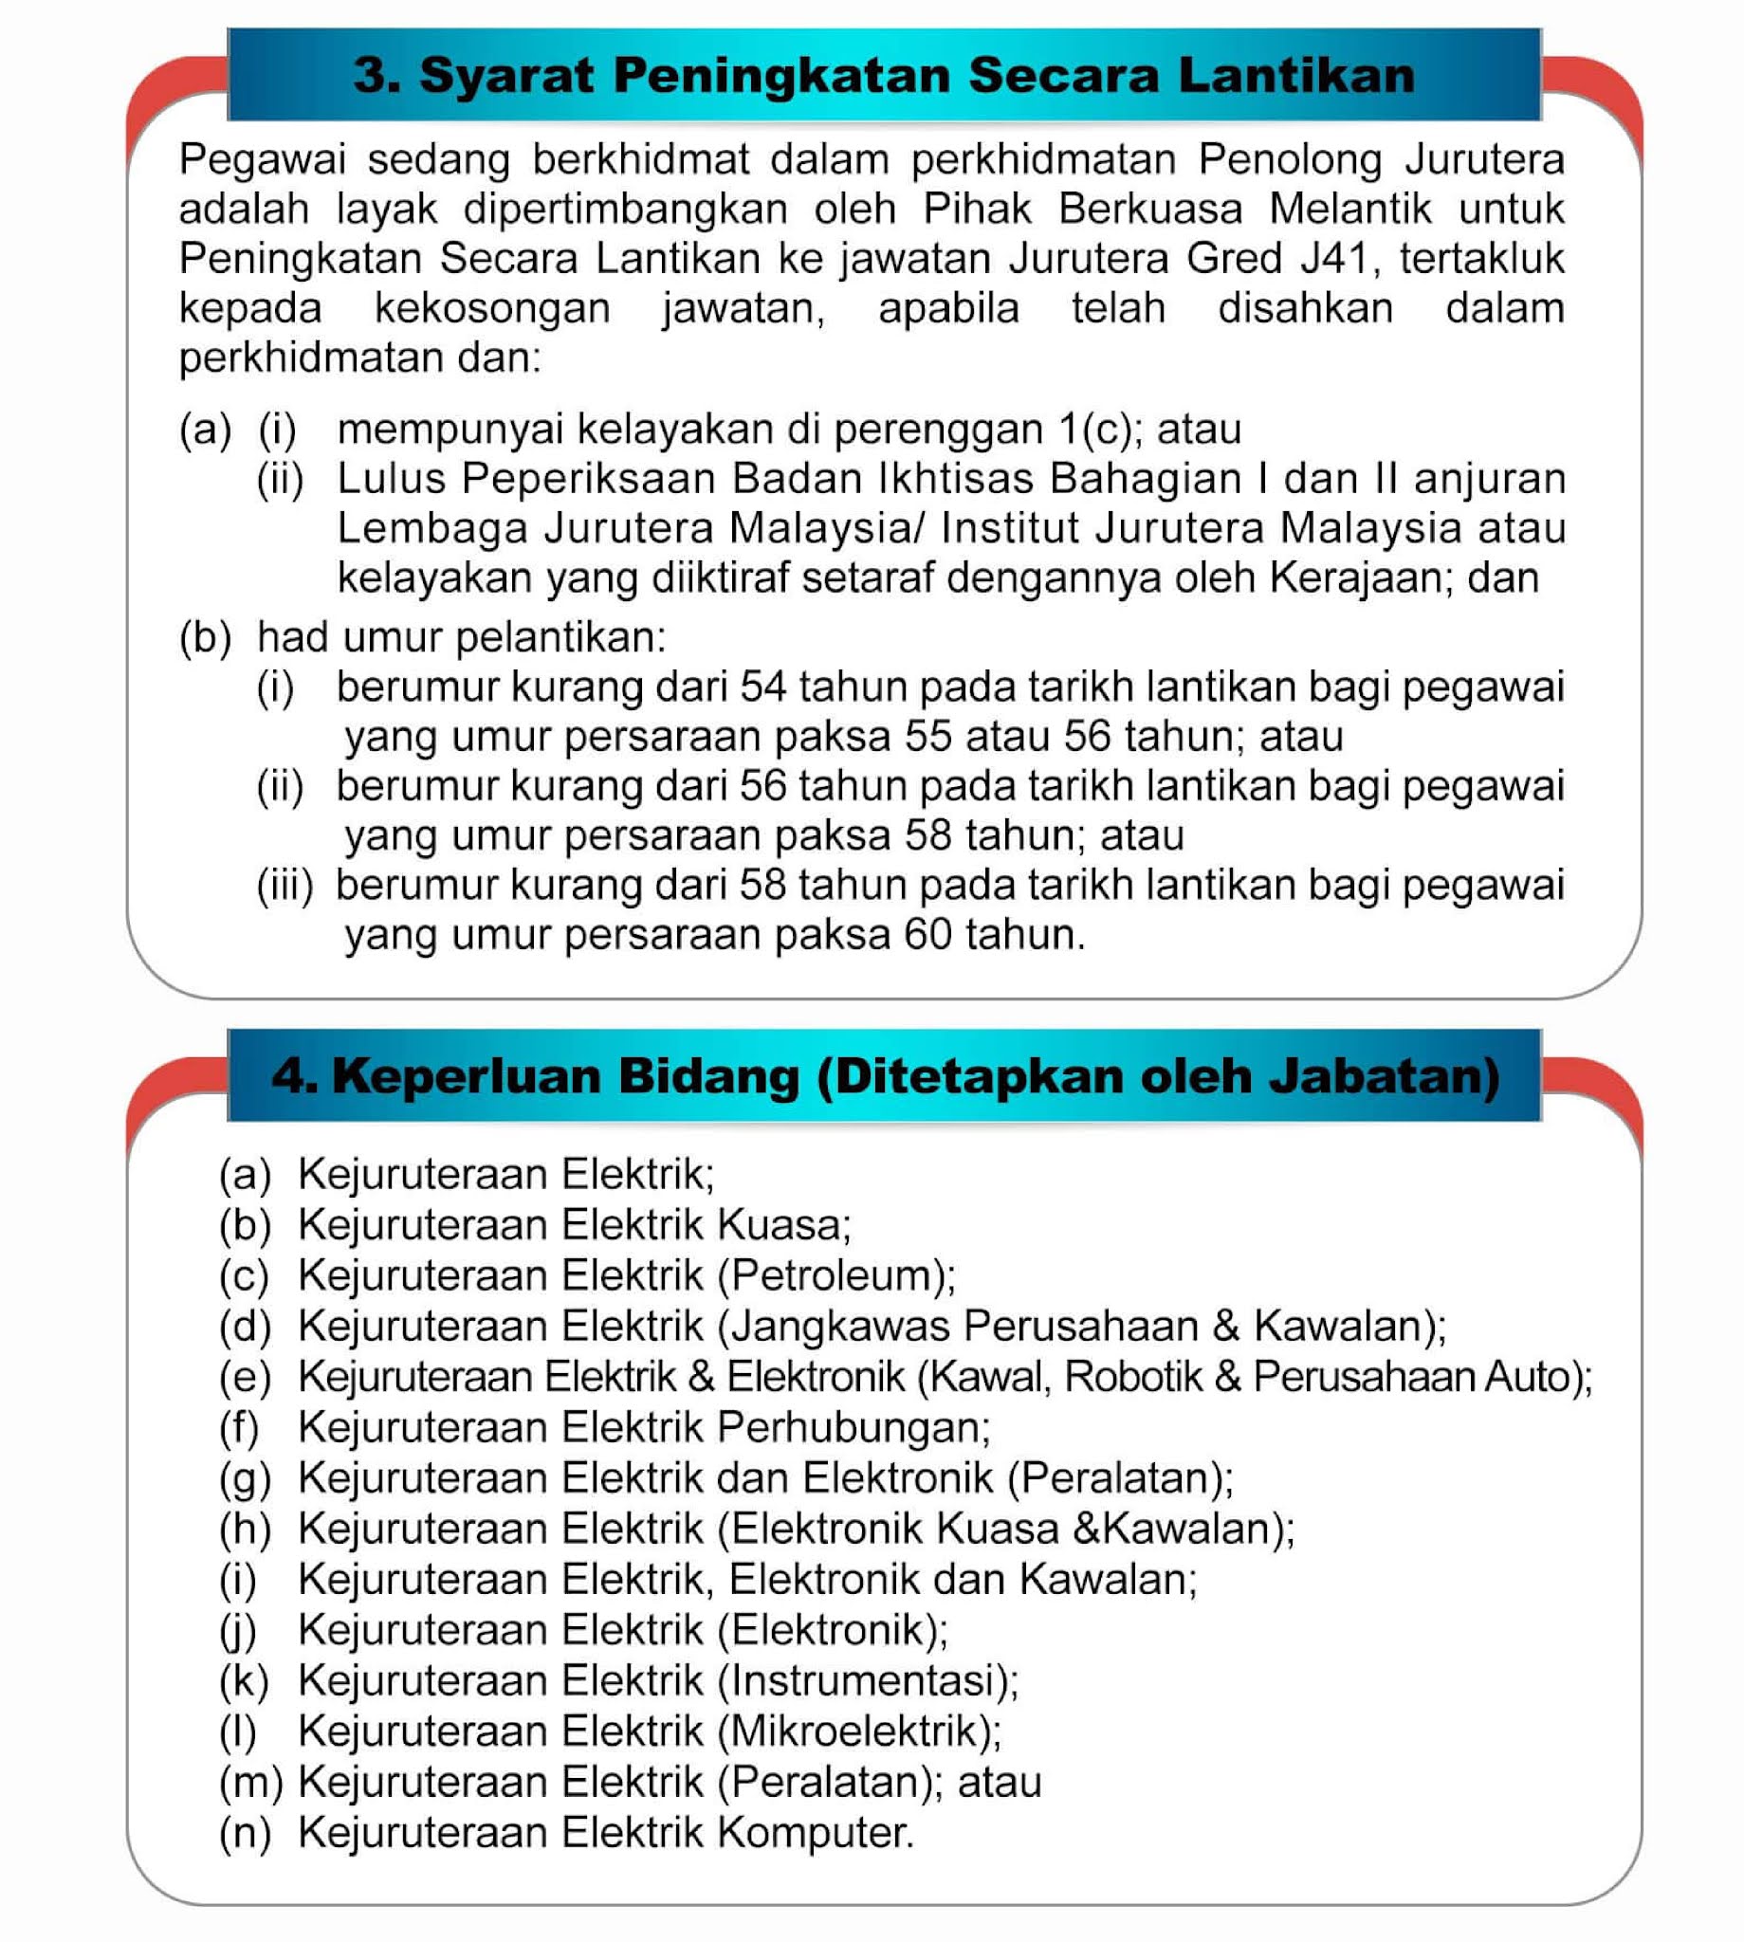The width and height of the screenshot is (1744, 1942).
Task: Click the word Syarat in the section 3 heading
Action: (506, 76)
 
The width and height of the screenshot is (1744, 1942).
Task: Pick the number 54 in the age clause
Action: (762, 687)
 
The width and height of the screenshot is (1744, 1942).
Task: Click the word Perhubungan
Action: (851, 1428)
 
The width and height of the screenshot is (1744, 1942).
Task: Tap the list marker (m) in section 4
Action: (251, 1782)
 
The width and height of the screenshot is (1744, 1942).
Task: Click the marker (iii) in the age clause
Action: (285, 886)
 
